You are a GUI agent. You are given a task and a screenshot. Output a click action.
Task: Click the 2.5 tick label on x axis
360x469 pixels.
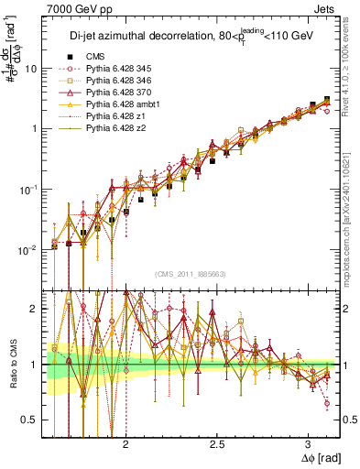pyautogui.click(x=217, y=442)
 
